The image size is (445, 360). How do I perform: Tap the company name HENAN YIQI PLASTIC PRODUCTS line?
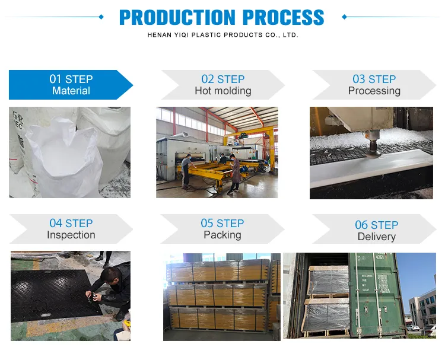tap(223, 36)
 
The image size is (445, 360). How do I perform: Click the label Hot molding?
tap(223, 91)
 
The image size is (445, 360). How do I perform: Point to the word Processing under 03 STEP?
tap(374, 91)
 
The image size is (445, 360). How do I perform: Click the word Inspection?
tap(71, 235)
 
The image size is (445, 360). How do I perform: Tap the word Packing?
tap(222, 235)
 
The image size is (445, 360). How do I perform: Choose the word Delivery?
tap(376, 237)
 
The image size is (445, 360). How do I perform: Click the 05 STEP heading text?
tap(222, 224)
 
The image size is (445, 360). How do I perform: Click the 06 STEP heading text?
tap(376, 225)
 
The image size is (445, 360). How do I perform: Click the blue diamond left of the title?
tap(101, 17)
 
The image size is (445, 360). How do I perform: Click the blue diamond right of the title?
tap(344, 17)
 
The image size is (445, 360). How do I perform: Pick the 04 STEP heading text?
tap(71, 224)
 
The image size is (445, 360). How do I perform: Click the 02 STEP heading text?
tap(223, 79)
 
